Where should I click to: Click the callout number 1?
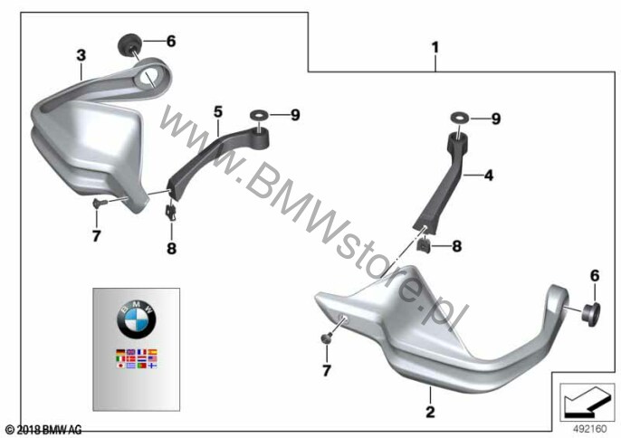click(x=435, y=48)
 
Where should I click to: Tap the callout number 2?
click(x=430, y=412)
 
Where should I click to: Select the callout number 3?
click(x=81, y=55)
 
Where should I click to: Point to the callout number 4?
click(x=489, y=175)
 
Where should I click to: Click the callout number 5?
click(x=218, y=112)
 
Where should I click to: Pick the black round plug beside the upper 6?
click(x=128, y=44)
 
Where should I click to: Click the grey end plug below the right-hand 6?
click(x=590, y=314)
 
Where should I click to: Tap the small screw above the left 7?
click(x=98, y=203)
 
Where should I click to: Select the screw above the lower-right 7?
click(x=327, y=338)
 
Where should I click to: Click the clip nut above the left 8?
click(x=171, y=212)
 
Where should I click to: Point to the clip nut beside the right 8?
click(x=424, y=245)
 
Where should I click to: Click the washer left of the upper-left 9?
click(x=259, y=116)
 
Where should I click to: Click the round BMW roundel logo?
click(x=136, y=319)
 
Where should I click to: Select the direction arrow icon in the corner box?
click(x=587, y=402)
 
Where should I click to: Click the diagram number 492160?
click(x=590, y=429)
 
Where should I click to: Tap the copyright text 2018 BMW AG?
click(x=44, y=430)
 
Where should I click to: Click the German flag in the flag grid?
click(x=120, y=352)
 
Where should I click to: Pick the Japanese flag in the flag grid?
click(x=120, y=366)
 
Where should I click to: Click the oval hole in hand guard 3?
click(x=147, y=77)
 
